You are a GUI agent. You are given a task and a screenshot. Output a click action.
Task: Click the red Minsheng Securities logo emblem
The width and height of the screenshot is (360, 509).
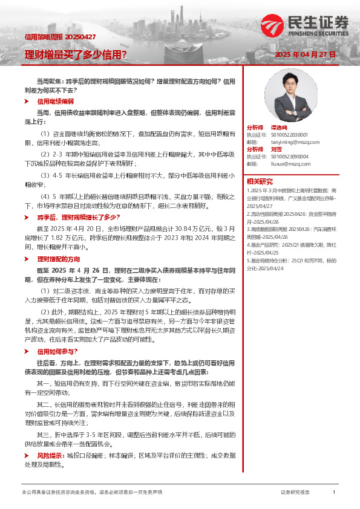point(272,25)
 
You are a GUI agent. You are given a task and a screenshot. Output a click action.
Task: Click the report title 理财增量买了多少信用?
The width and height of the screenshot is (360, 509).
point(76,55)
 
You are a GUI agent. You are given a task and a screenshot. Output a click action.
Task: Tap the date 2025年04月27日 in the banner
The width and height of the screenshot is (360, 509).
point(305,54)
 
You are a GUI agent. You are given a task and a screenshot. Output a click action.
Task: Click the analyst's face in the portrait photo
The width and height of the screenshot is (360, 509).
point(287,85)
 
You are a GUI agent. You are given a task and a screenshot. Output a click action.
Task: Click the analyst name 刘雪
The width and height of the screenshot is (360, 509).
point(276,149)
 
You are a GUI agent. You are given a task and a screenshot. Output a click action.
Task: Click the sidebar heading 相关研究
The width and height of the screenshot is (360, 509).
point(260,181)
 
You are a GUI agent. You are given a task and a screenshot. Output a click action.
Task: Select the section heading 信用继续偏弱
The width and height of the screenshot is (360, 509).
point(56,102)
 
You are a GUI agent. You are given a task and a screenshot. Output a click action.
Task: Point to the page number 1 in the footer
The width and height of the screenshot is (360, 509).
point(334,493)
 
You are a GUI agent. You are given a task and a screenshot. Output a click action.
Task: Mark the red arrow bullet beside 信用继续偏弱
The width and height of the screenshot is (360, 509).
point(27,102)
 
